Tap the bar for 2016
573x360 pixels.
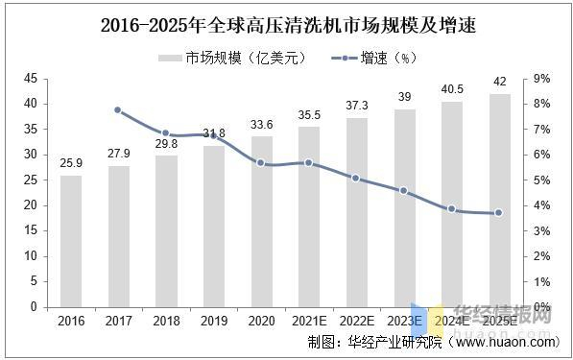(x=71, y=241)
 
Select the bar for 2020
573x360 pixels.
(x=261, y=221)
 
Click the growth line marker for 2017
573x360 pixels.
(x=118, y=109)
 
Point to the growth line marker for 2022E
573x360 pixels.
(x=355, y=178)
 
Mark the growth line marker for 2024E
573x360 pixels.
(x=450, y=208)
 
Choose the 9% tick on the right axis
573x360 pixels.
(x=540, y=78)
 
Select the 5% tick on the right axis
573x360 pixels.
(x=540, y=180)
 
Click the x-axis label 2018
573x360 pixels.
(x=166, y=320)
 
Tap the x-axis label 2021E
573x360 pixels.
(x=308, y=320)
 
